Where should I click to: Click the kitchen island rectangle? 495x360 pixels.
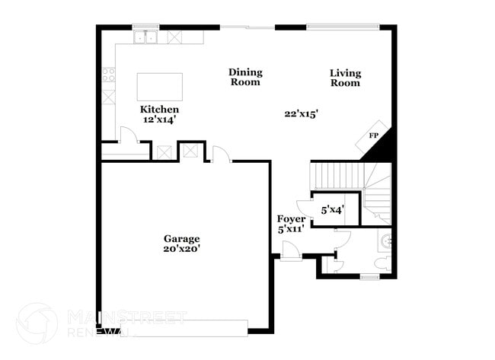point(160,88)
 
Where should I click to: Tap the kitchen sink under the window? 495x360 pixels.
point(145,36)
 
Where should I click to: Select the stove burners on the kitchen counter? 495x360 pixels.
point(109,75)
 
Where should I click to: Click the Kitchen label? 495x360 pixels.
point(159,109)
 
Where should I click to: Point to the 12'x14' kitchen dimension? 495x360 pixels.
point(160,119)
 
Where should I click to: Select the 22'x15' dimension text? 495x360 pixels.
point(301,113)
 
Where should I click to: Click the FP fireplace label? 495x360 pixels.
point(374,135)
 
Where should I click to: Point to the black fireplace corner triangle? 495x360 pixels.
point(378,147)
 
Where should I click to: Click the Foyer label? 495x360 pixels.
point(291,219)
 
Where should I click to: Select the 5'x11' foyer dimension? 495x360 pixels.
point(291,229)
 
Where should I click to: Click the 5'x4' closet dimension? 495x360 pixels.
point(333,209)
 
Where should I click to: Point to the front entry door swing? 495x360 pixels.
point(290,250)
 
